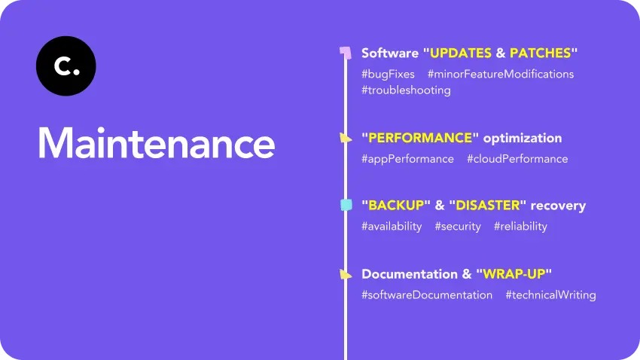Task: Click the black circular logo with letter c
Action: pyautogui.click(x=66, y=66)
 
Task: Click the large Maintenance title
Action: pyautogui.click(x=157, y=142)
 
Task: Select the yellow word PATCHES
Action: pyautogui.click(x=540, y=53)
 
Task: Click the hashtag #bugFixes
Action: pyautogui.click(x=388, y=74)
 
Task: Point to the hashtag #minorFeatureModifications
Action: pyautogui.click(x=501, y=74)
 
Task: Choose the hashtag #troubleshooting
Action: pyautogui.click(x=406, y=90)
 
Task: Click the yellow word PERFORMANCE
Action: pyautogui.click(x=420, y=139)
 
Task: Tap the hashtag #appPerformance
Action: pyautogui.click(x=407, y=159)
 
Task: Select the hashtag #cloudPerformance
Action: pyautogui.click(x=517, y=159)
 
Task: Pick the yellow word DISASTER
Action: pyautogui.click(x=488, y=206)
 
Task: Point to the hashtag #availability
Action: pyautogui.click(x=392, y=226)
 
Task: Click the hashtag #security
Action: pyautogui.click(x=458, y=226)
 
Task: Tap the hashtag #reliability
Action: pyautogui.click(x=520, y=226)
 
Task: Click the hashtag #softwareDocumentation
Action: pyautogui.click(x=427, y=294)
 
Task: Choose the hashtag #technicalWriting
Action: pyautogui.click(x=550, y=294)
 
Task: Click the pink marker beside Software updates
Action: pyautogui.click(x=346, y=53)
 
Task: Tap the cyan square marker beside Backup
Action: pyautogui.click(x=346, y=205)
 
